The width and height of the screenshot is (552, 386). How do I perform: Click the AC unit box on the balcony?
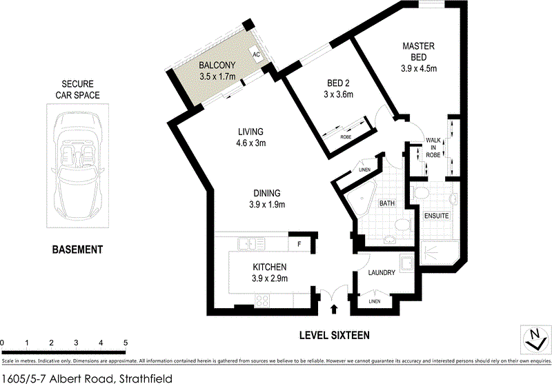pyautogui.click(x=255, y=54)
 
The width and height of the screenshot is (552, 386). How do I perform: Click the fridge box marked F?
pyautogui.click(x=299, y=243)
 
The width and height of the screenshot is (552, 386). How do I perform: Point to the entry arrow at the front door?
pyautogui.click(x=335, y=309)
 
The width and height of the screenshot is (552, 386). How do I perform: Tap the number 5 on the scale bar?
pyautogui.click(x=126, y=343)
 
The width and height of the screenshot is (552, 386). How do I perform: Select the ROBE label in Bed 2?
pyautogui.click(x=346, y=136)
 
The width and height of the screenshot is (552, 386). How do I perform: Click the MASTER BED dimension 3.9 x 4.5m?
pyautogui.click(x=420, y=69)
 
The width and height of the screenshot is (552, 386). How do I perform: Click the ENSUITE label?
pyautogui.click(x=437, y=216)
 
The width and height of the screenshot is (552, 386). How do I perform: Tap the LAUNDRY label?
pyautogui.click(x=382, y=272)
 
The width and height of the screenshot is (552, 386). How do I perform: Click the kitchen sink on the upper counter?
pyautogui.click(x=246, y=243)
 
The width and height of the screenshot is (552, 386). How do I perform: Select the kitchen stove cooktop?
pyautogui.click(x=264, y=300)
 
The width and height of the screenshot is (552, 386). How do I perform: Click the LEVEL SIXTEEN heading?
pyautogui.click(x=335, y=336)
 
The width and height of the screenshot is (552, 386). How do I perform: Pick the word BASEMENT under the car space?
pyautogui.click(x=77, y=250)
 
